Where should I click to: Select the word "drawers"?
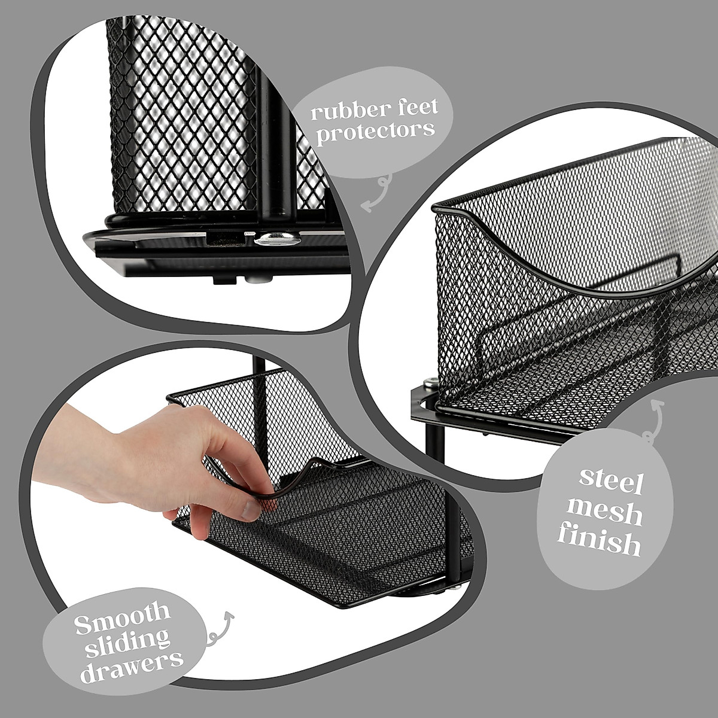click(132, 659)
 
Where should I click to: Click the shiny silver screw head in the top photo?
click(274, 241)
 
